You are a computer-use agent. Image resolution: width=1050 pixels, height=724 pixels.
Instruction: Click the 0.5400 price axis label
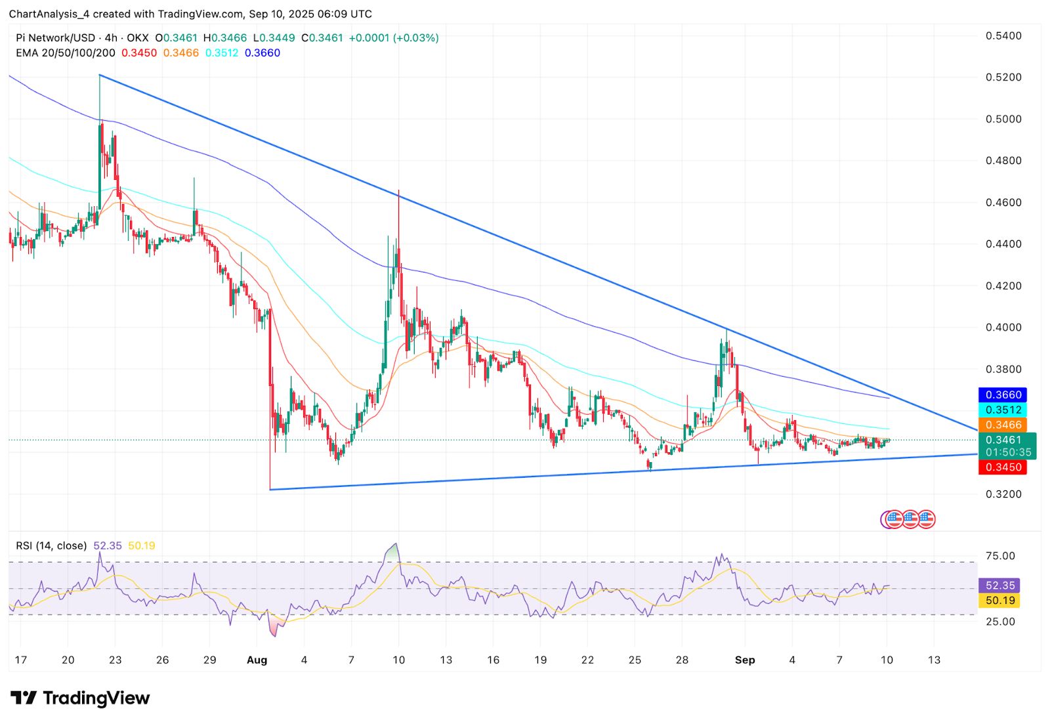[1003, 35]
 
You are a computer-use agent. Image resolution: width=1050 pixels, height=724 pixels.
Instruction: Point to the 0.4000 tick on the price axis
[1003, 328]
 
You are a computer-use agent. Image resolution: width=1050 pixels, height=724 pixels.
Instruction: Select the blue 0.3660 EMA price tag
[1003, 394]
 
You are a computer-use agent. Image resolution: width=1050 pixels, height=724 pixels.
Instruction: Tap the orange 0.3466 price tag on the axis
[1003, 425]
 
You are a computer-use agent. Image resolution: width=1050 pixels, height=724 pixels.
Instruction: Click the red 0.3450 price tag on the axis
[1003, 467]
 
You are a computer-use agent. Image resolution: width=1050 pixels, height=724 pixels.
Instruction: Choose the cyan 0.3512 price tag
[1003, 410]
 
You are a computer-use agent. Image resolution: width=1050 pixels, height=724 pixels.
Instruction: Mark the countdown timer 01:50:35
[1008, 452]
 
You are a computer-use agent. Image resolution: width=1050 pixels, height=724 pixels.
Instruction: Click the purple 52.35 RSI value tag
[999, 585]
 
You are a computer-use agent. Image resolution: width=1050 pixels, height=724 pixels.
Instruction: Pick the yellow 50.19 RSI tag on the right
[999, 600]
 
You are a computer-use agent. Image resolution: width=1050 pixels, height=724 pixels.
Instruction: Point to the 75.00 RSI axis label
[1000, 556]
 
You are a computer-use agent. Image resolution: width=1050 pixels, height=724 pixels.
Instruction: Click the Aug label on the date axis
[257, 660]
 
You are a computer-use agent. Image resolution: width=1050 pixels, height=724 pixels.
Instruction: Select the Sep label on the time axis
[745, 660]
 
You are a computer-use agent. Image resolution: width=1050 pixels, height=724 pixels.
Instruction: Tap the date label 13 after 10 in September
[934, 660]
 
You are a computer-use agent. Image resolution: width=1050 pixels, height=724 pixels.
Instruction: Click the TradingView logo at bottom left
[80, 698]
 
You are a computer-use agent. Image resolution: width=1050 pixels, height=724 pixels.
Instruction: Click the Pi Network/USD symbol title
[56, 38]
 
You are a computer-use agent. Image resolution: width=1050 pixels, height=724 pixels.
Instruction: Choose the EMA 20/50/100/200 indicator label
[66, 53]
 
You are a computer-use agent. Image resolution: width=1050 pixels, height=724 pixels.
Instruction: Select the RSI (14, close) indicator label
[51, 545]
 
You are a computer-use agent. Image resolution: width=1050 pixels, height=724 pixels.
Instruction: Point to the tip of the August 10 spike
[398, 190]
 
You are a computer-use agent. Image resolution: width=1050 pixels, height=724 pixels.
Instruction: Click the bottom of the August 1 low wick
[270, 489]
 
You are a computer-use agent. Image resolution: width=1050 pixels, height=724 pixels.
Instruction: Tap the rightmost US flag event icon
[926, 519]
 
